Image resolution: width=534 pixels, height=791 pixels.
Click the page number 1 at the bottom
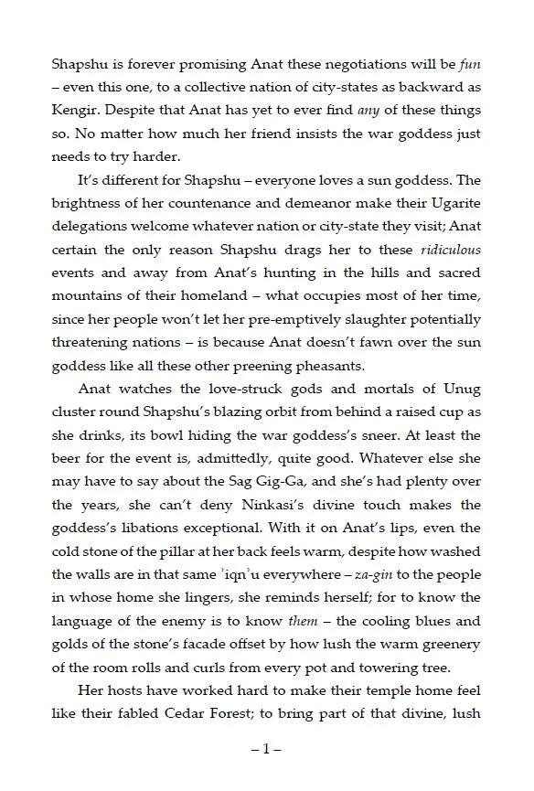[x=266, y=750]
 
